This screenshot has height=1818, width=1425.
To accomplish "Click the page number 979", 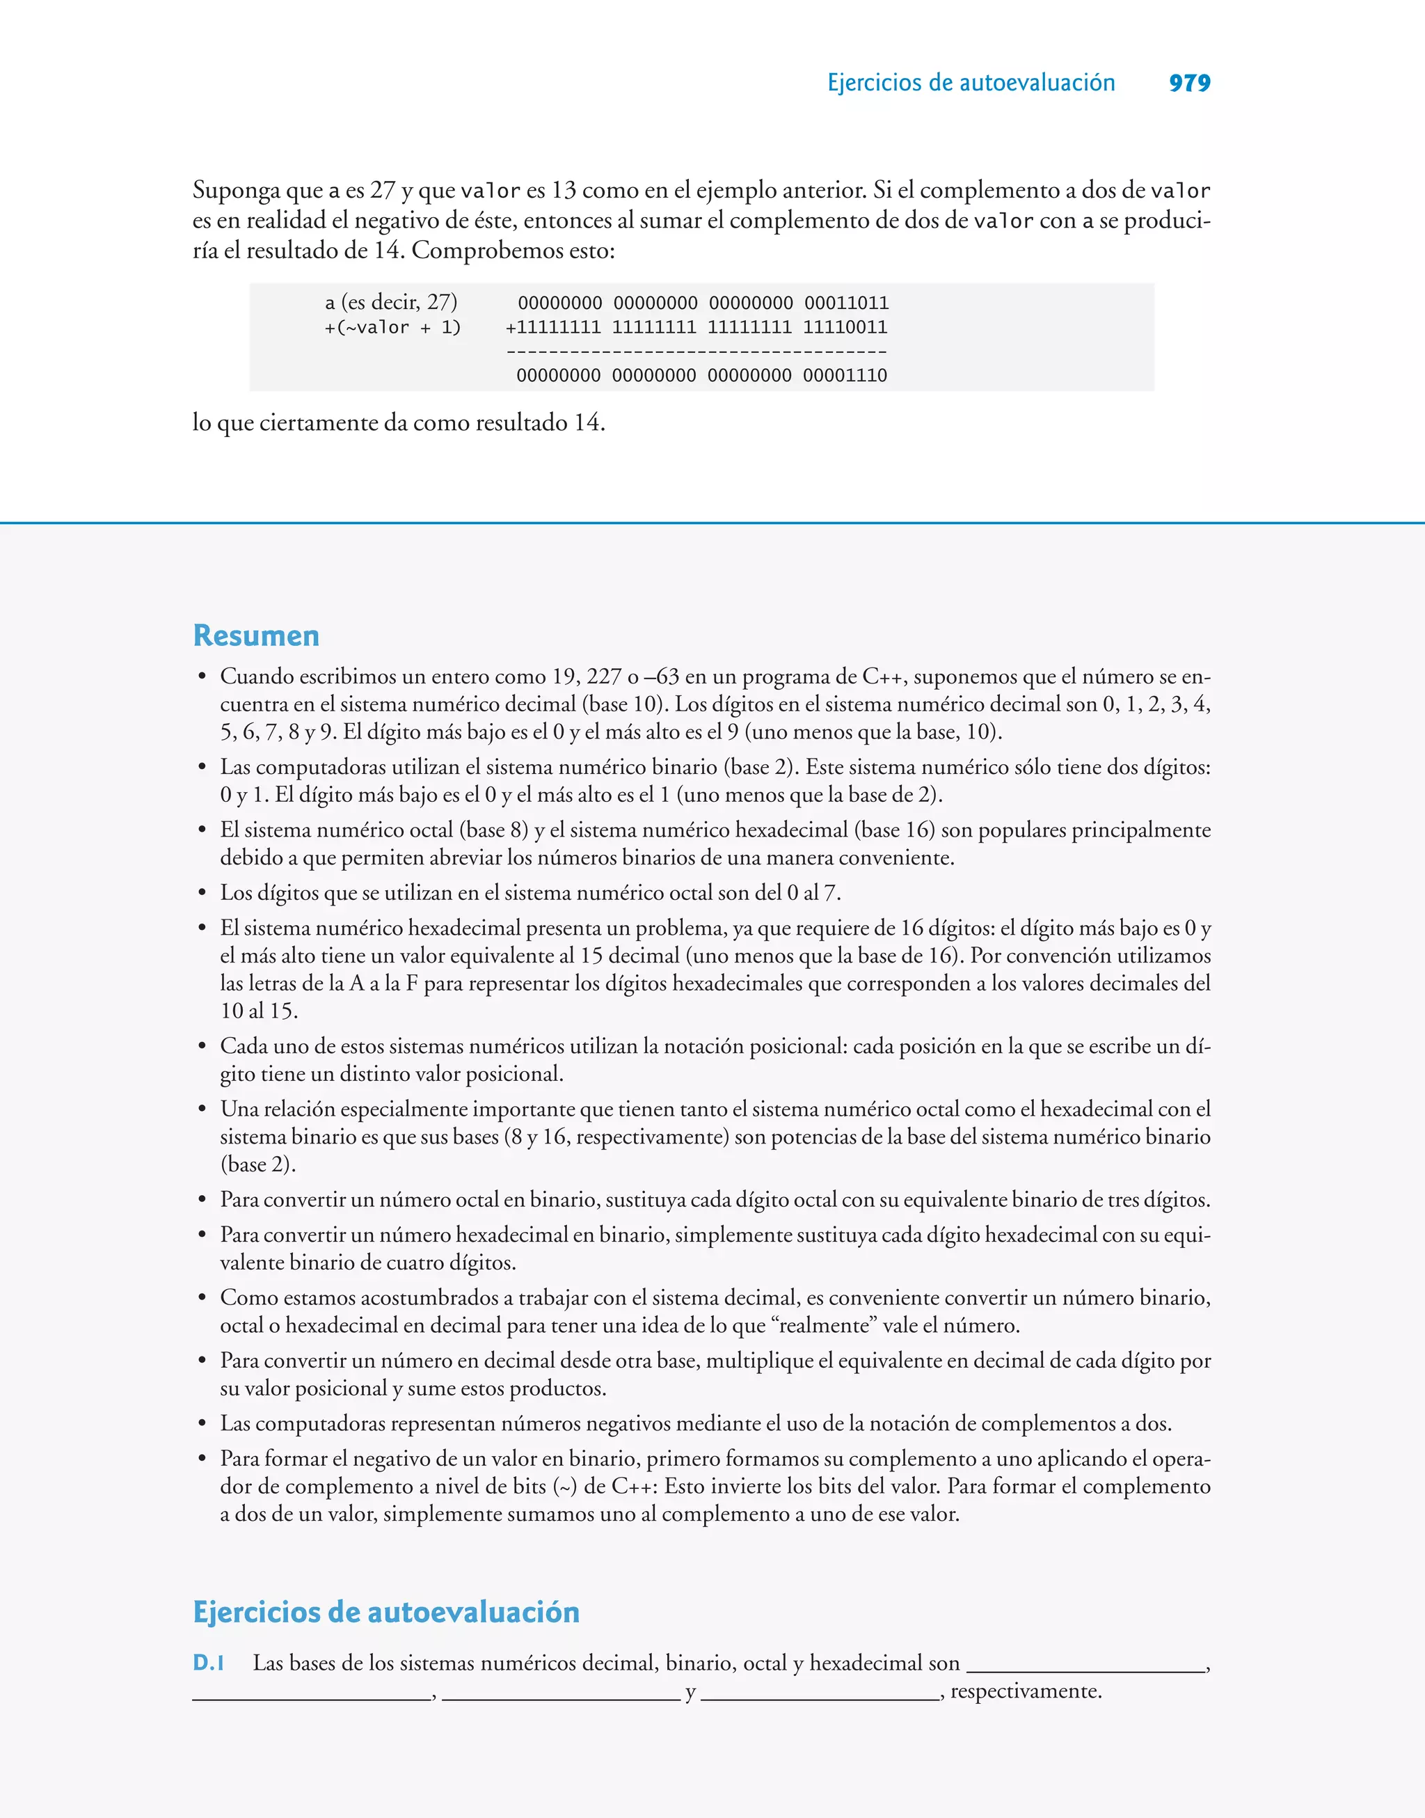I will (x=1189, y=83).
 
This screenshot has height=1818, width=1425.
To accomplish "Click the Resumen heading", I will (x=256, y=635).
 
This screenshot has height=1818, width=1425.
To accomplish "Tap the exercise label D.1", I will (x=209, y=1663).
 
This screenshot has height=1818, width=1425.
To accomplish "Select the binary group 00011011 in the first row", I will (x=846, y=303).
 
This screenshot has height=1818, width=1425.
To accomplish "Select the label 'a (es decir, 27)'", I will (x=391, y=302).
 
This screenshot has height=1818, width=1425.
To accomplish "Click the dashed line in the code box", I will (x=696, y=352).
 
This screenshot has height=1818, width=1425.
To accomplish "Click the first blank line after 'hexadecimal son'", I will (x=1085, y=1670).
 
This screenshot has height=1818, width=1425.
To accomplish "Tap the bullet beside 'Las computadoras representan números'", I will (x=202, y=1424).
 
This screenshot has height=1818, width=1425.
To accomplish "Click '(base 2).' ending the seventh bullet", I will (x=258, y=1164).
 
